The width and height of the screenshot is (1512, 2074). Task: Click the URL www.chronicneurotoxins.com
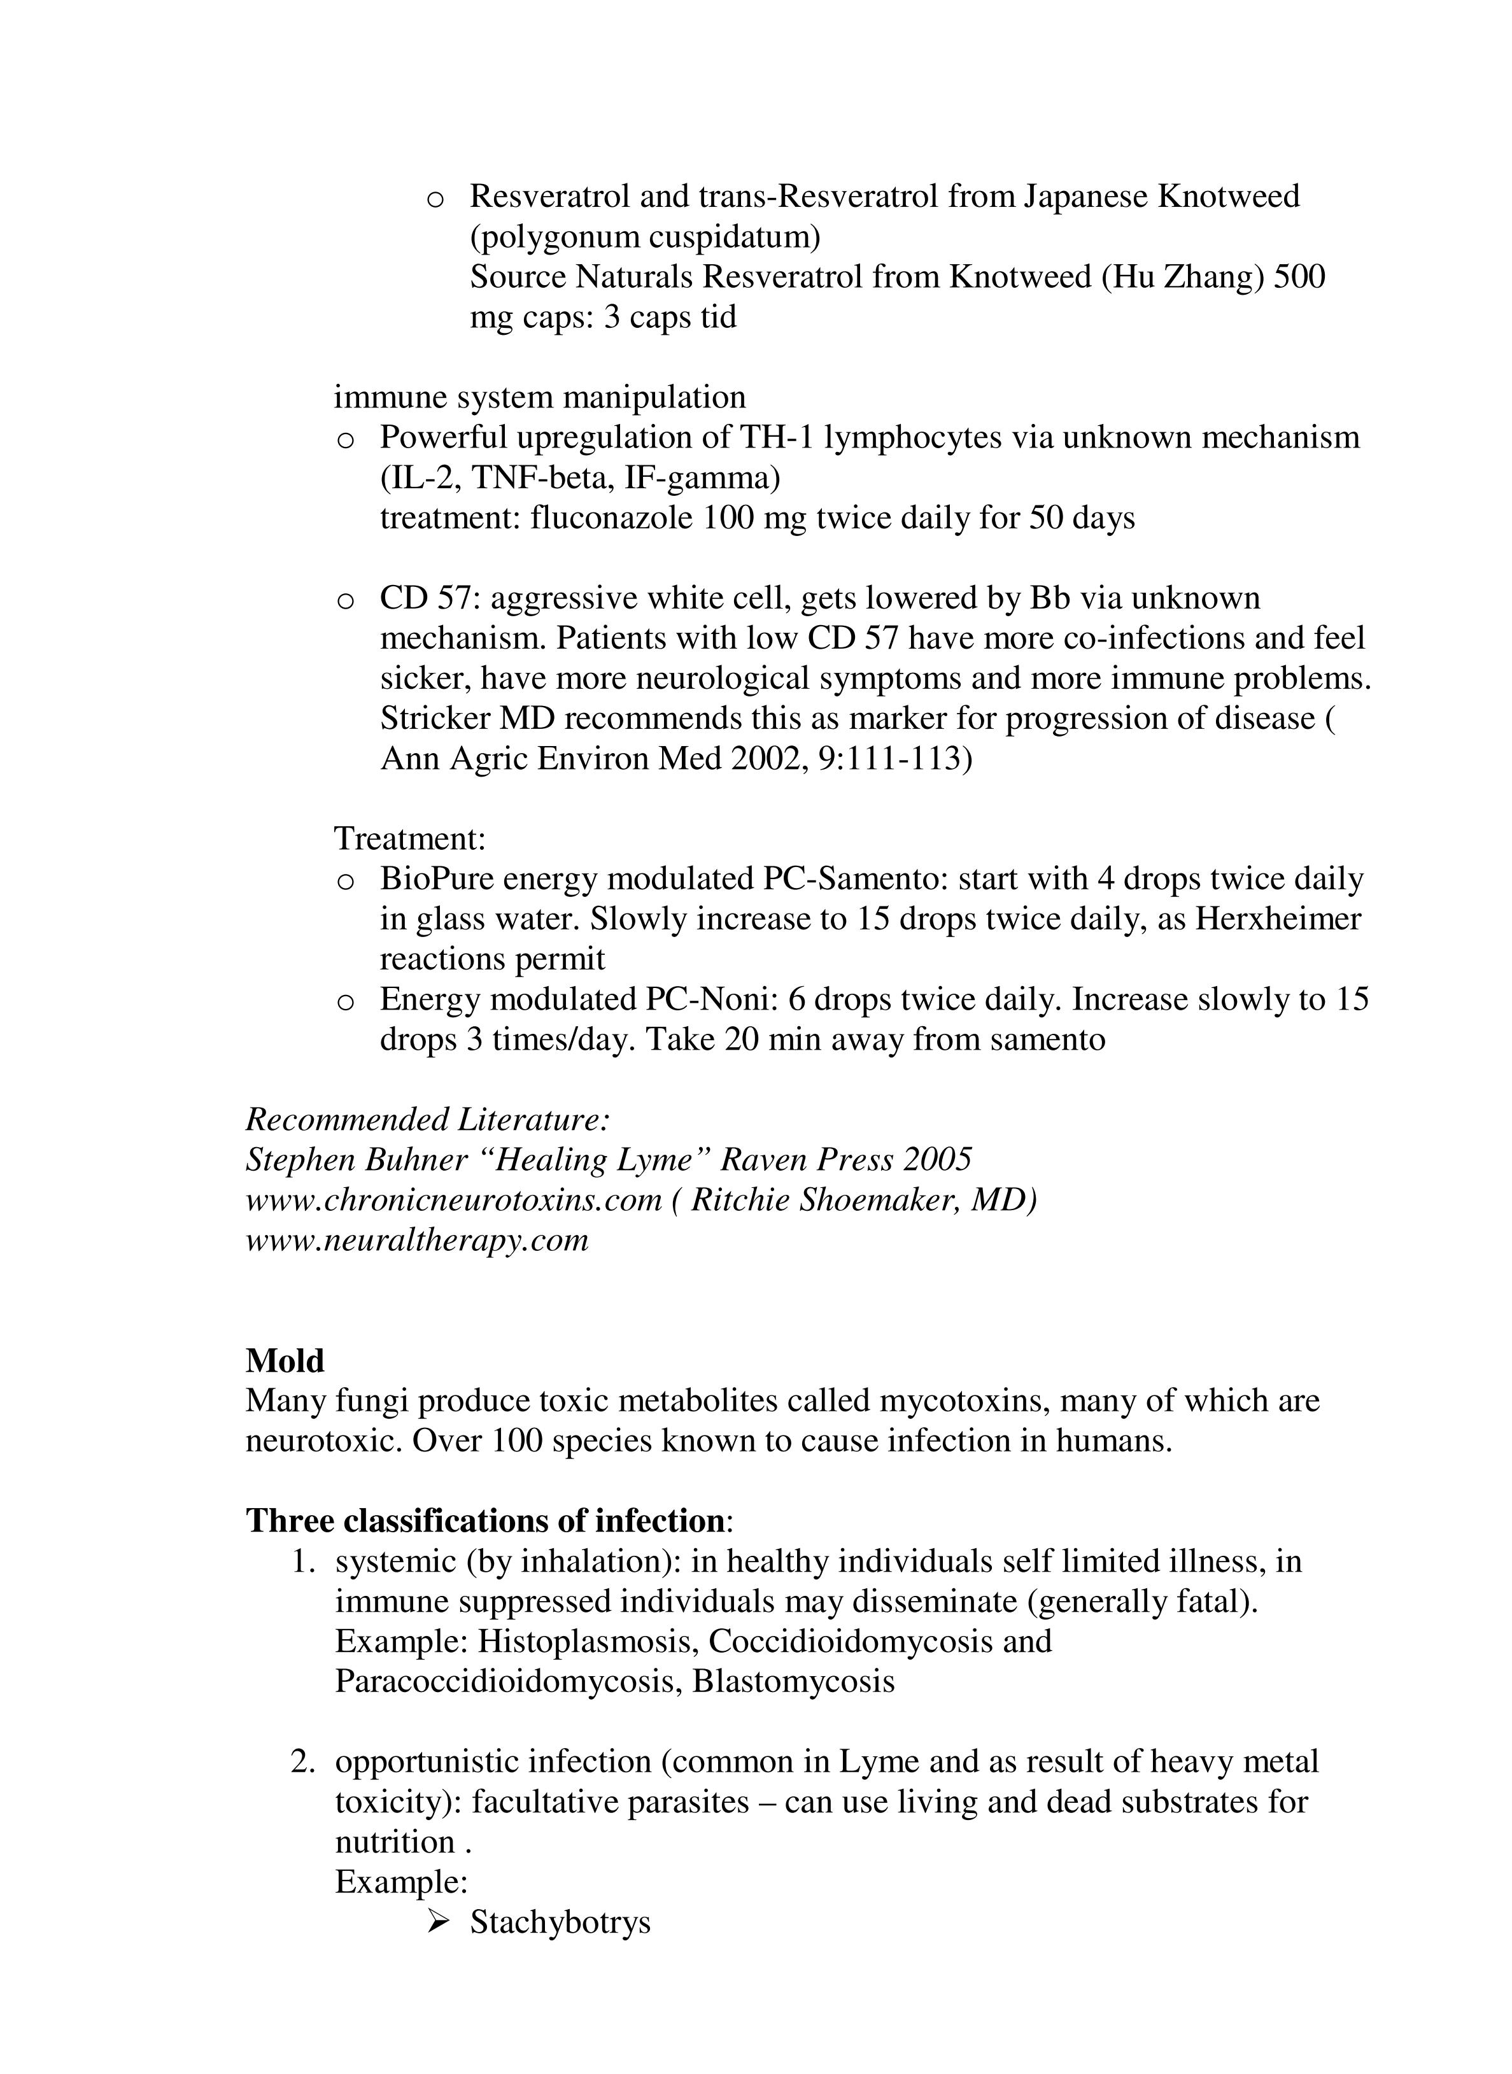coord(453,1200)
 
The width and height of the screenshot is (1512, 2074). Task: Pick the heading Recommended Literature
coord(428,1119)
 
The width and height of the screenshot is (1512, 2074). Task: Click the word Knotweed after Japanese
coord(1228,196)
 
